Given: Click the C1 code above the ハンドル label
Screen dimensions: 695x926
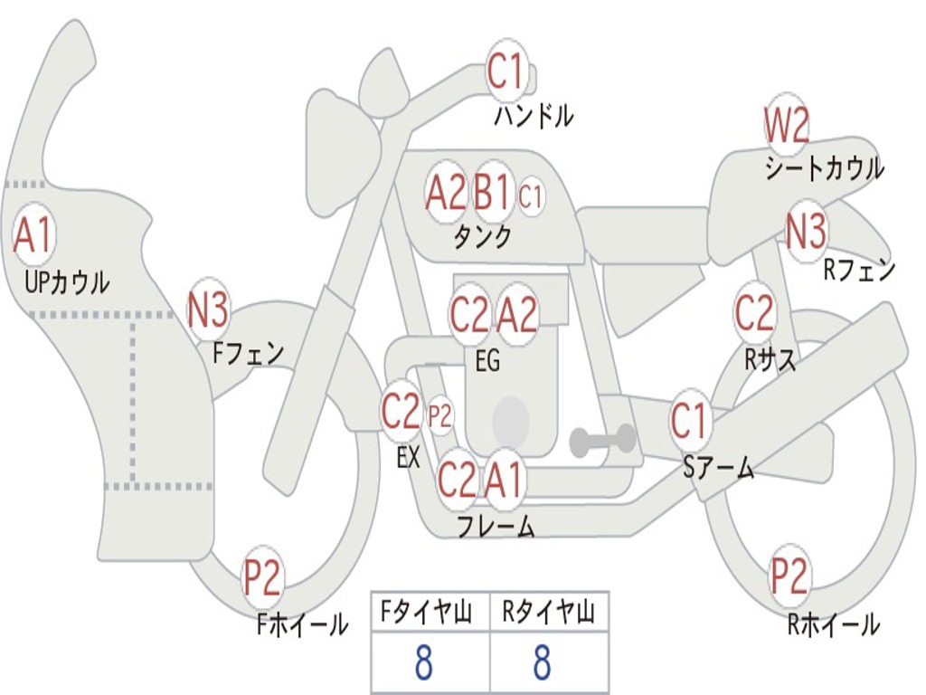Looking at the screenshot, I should point(506,72).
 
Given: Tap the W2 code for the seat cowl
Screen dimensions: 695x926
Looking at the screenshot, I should point(787,127).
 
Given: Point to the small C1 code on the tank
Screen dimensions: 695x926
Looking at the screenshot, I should point(530,195).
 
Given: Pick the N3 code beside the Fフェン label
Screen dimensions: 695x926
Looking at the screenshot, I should point(208,311).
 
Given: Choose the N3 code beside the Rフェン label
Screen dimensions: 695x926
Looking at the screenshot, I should point(806,232).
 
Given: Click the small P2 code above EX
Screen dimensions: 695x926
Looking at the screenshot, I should point(439,416).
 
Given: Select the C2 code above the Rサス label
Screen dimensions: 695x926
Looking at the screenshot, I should point(754,313).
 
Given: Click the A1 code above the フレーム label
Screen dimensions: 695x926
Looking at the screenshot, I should point(504,480).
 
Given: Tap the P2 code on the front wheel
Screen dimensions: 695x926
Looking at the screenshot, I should point(262,579).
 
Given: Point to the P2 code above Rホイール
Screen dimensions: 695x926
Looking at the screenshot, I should point(789,576).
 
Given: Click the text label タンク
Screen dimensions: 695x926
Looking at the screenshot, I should point(482,237).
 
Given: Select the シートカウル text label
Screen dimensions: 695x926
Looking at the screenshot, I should point(824,168).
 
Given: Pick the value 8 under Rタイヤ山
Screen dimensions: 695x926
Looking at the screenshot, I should point(542,664).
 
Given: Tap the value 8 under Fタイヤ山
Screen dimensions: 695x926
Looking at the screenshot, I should point(423,664).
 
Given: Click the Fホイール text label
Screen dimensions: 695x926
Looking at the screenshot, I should point(302,624).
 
